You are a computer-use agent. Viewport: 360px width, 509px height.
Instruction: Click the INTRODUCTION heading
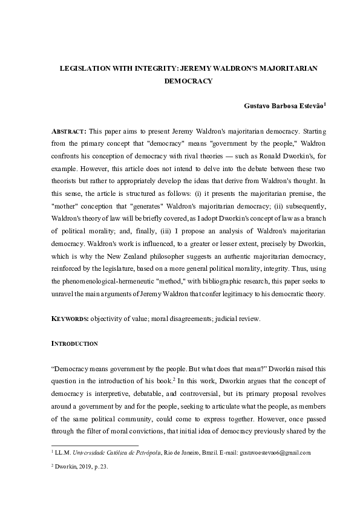click(74, 343)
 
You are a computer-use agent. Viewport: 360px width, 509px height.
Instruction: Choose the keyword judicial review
click(238, 319)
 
